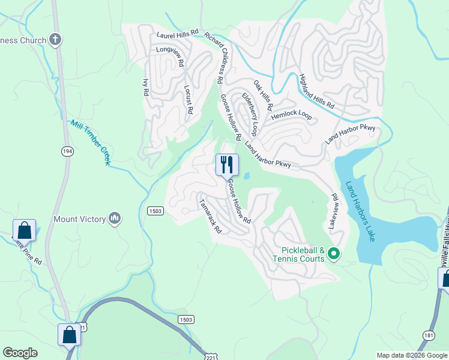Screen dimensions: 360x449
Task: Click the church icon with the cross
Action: coord(56,40)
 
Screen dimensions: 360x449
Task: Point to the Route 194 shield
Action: coord(67,152)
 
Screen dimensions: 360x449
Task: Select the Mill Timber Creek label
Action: coord(91,142)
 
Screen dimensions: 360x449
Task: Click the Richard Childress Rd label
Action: coord(214,58)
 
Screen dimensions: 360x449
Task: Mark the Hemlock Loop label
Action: coord(291,116)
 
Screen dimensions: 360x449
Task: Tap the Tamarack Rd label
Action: coord(210,216)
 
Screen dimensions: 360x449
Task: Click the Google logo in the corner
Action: coord(20,353)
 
